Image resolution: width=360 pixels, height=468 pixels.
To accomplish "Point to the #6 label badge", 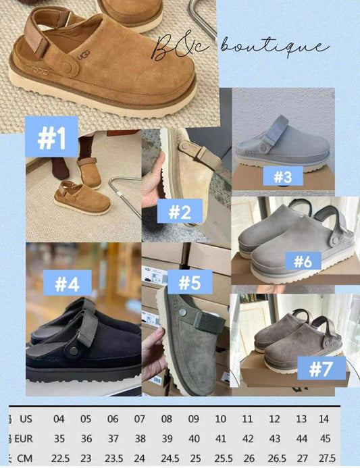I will tap(303, 261).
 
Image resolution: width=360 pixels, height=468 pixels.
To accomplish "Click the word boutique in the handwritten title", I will tap(286, 47).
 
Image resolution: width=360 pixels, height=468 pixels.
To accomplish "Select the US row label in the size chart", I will tap(25, 419).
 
